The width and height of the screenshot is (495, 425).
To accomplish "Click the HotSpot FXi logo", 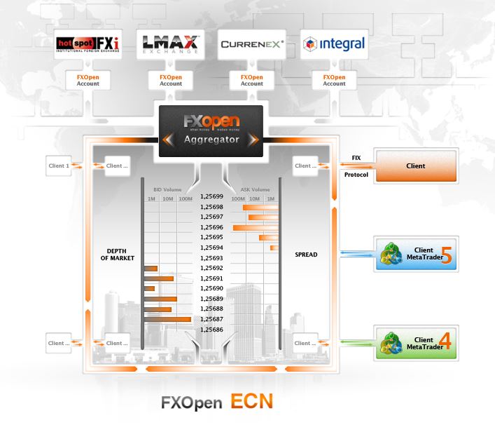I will click(x=88, y=44).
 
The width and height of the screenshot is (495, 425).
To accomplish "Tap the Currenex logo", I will click(x=251, y=44).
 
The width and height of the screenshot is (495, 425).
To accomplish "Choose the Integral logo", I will click(x=334, y=44).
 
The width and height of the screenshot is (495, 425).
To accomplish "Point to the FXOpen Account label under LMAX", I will click(x=170, y=79).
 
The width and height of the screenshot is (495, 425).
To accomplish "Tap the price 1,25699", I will click(x=211, y=197).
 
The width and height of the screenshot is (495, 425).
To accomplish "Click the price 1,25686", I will click(x=211, y=329).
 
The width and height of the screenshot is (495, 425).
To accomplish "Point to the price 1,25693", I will click(x=211, y=258).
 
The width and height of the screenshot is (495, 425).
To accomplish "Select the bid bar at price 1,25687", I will click(x=167, y=319).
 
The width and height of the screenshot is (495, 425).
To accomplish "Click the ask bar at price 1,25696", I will click(x=256, y=227).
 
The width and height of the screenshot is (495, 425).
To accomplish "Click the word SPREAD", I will click(x=306, y=254).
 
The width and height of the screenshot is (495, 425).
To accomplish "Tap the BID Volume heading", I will click(x=167, y=189).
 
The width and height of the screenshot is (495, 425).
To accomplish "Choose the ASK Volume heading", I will click(x=255, y=189).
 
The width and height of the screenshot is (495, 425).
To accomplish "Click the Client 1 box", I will click(x=59, y=166).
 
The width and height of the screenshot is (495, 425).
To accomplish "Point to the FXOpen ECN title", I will click(x=216, y=403).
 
